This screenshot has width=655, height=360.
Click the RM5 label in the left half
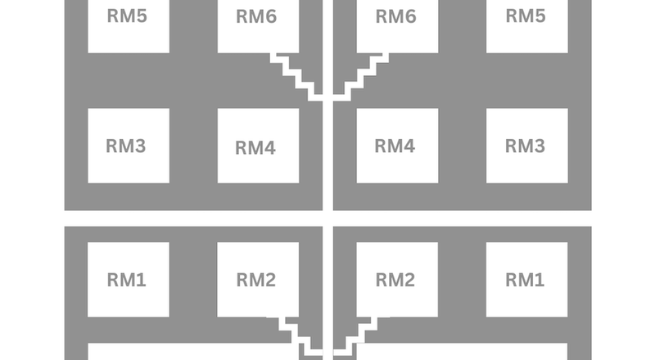point(127,15)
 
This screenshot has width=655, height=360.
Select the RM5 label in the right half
point(526,15)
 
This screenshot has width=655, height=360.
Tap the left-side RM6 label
point(255,16)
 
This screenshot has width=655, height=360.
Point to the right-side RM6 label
point(395,16)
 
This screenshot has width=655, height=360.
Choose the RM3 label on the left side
point(126,146)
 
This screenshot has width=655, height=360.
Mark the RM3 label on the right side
point(525,146)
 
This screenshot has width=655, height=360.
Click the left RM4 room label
point(255,148)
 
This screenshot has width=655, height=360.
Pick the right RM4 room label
point(395,146)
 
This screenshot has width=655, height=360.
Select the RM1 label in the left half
point(126,280)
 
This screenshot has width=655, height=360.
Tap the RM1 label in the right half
point(525,280)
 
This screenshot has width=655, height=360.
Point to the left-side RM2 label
point(255,281)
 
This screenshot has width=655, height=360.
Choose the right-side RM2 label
point(395,281)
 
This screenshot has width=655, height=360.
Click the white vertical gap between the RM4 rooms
point(327,147)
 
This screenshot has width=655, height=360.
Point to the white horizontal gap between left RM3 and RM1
point(192,218)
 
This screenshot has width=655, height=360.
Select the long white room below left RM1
point(188,352)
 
